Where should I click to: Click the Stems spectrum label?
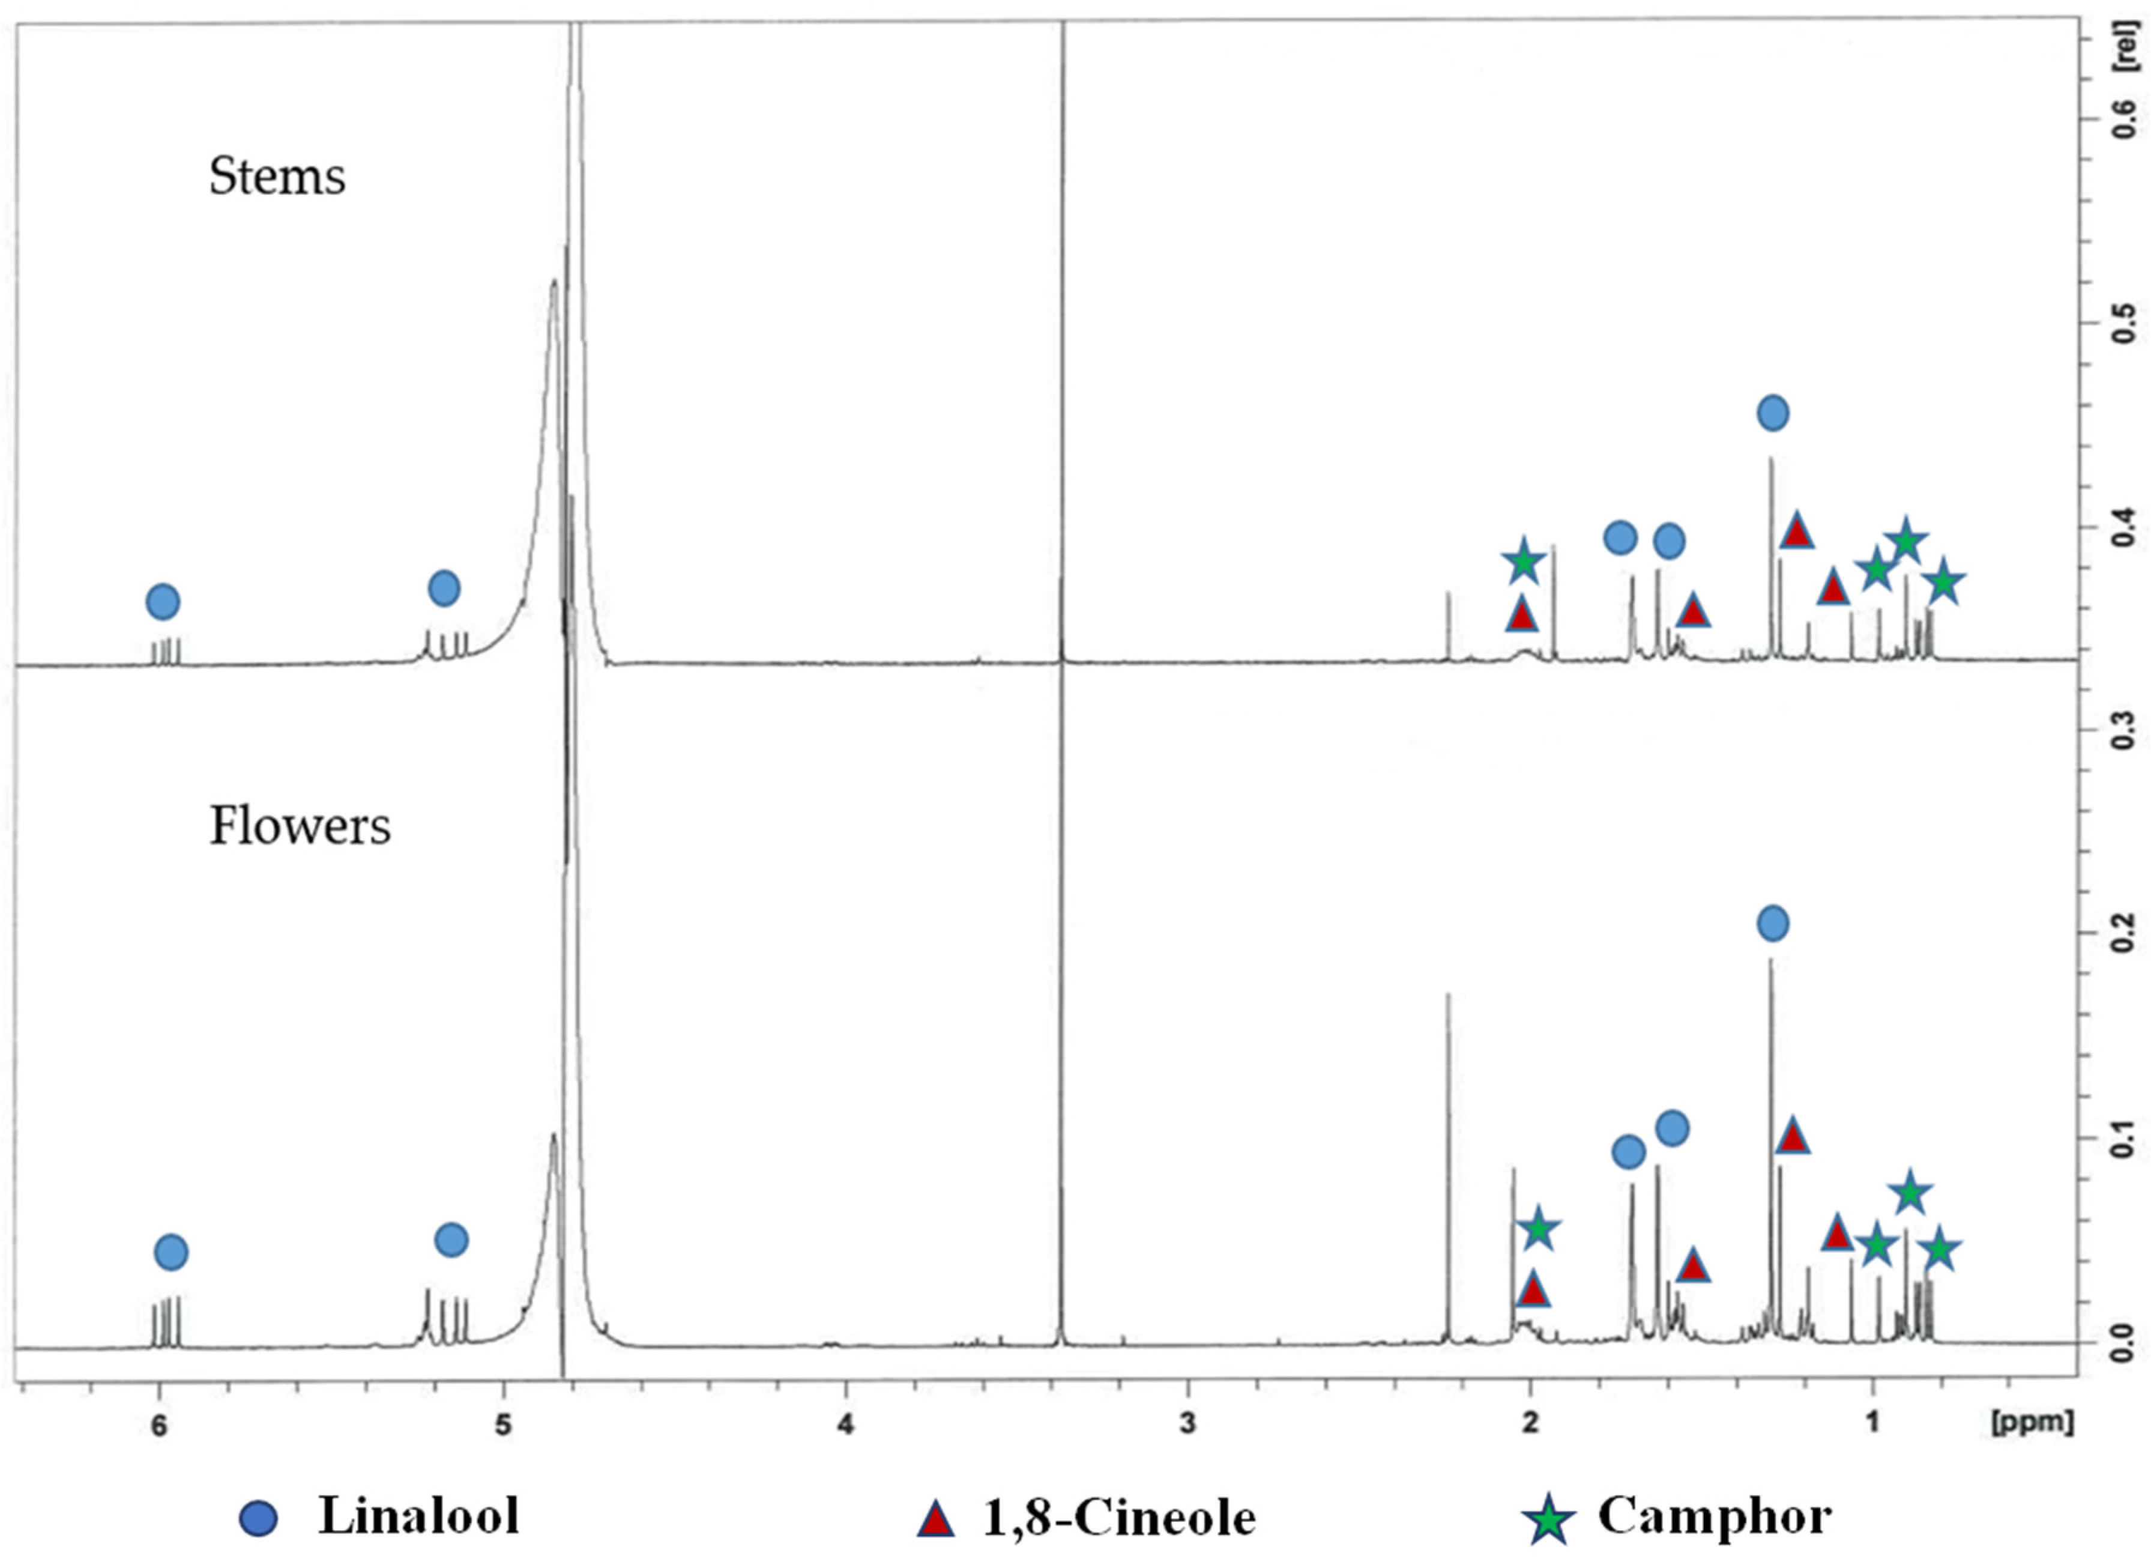(x=277, y=177)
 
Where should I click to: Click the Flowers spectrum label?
(x=300, y=827)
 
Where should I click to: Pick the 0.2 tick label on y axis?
(x=2125, y=934)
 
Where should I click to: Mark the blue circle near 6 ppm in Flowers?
(x=170, y=1253)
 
